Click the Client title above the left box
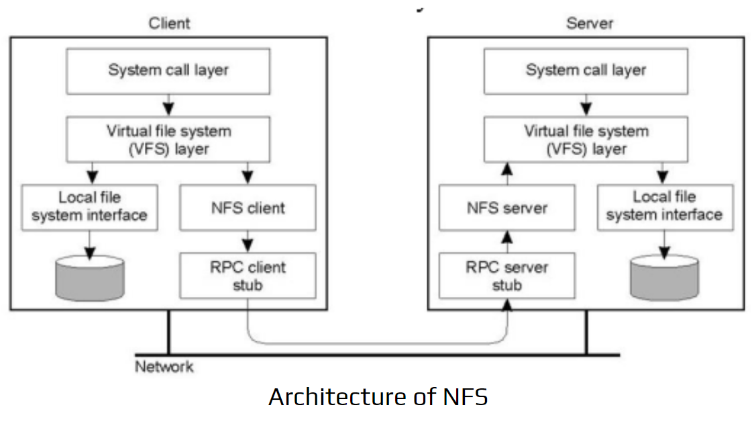(x=169, y=23)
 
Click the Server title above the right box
(x=590, y=23)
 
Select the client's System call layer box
(x=168, y=71)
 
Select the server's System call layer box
(x=586, y=71)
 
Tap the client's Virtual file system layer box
(x=168, y=139)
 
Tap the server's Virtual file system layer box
(x=586, y=139)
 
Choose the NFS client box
(x=248, y=208)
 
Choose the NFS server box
(x=507, y=208)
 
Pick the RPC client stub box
(x=248, y=275)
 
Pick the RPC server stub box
(x=507, y=275)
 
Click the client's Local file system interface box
(x=89, y=208)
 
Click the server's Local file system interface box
(x=664, y=206)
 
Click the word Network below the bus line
(x=164, y=367)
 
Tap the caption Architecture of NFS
(x=378, y=397)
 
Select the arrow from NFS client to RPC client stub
(x=248, y=241)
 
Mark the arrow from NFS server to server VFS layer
(x=507, y=173)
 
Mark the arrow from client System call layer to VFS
(x=168, y=104)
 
